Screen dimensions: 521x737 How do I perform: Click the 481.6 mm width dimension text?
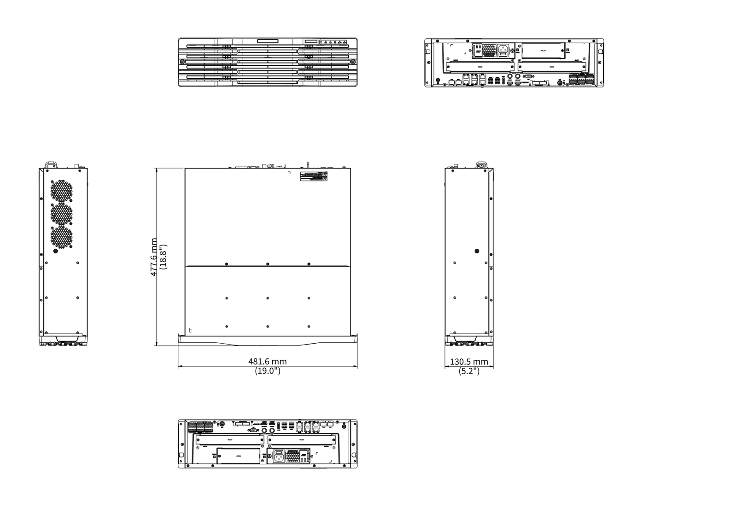(x=267, y=362)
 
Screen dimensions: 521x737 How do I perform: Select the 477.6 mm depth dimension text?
(x=154, y=257)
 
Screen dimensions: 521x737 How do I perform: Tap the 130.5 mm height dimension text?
(x=469, y=362)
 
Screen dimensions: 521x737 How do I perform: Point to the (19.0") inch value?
(x=267, y=371)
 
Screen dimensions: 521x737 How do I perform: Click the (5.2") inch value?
(x=469, y=371)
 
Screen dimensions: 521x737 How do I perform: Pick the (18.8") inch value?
(x=163, y=257)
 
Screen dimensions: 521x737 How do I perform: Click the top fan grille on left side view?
(x=61, y=190)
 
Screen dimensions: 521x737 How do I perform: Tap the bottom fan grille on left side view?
(x=61, y=237)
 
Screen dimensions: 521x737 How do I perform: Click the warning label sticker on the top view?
(x=313, y=176)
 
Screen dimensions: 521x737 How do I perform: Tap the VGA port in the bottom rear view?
(x=253, y=430)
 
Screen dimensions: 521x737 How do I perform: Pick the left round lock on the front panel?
(x=182, y=61)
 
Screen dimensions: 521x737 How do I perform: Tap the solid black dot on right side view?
(x=477, y=251)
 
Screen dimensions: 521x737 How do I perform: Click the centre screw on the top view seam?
(x=268, y=264)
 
